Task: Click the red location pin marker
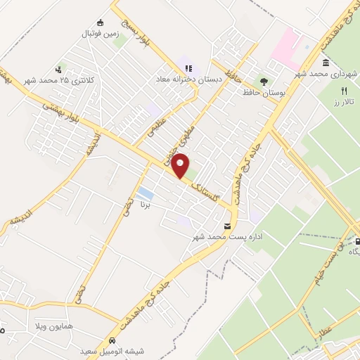[x=181, y=165]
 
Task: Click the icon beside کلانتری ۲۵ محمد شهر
[x=59, y=70]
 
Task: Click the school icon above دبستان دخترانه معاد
[x=188, y=68]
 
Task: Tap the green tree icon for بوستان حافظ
[x=264, y=81]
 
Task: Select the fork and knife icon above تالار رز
[x=344, y=91]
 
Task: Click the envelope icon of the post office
[x=227, y=226]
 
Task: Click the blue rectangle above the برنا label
[x=146, y=193]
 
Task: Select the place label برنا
[x=146, y=205]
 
